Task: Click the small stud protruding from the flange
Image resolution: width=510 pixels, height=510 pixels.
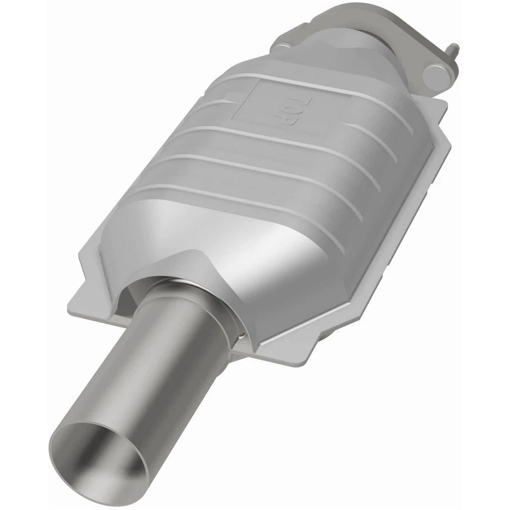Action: coord(454,51)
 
